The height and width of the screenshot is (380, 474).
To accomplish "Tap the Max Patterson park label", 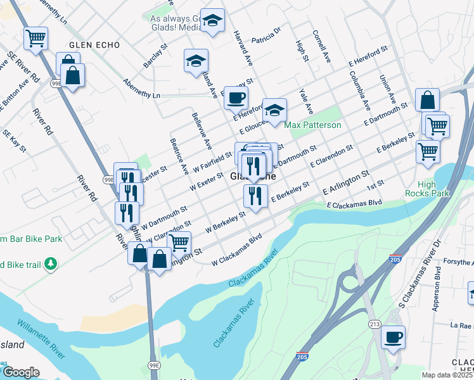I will (313, 125).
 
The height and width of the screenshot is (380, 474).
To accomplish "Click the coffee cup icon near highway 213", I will (393, 337).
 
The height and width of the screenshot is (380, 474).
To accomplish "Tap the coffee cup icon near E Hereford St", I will (236, 98).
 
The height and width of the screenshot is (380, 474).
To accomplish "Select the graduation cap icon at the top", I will (213, 20).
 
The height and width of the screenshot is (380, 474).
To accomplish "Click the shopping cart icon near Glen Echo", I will (36, 37).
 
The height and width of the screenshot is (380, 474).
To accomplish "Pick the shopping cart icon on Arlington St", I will (179, 241).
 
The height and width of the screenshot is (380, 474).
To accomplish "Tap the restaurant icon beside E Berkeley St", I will (255, 196).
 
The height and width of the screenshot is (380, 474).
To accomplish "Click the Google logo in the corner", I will (21, 372).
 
